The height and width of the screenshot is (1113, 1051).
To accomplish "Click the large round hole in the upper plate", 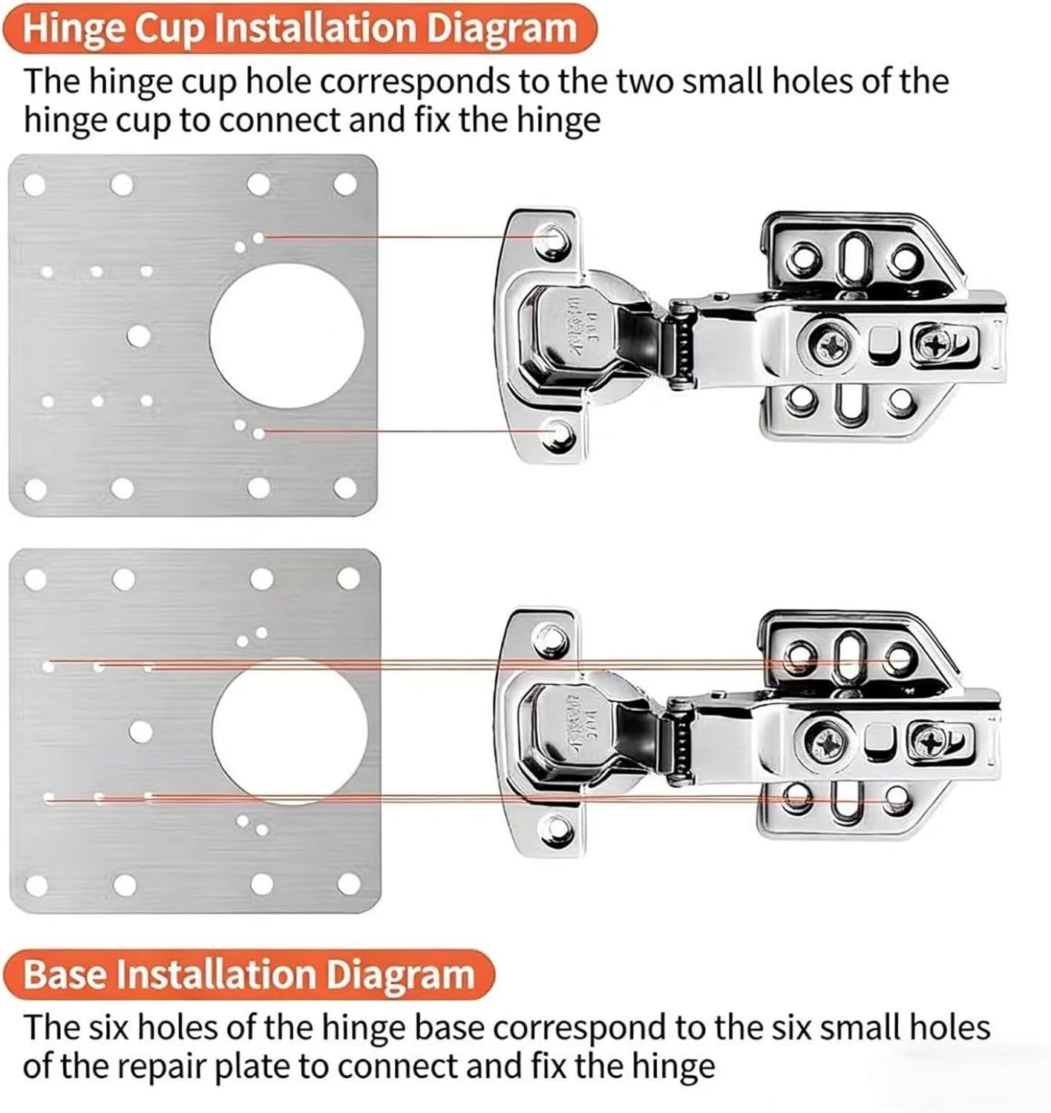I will click(x=287, y=335).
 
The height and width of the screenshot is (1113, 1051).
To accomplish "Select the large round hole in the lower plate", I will click(x=289, y=731).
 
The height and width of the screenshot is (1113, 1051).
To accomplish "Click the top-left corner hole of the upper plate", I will click(x=34, y=185).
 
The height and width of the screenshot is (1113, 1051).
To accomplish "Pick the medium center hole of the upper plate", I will click(x=138, y=336).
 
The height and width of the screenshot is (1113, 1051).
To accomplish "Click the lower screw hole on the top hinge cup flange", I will click(x=554, y=434).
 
